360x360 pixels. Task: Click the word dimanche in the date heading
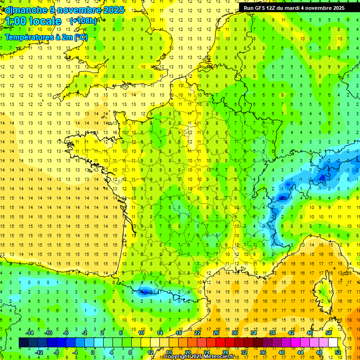[23, 10]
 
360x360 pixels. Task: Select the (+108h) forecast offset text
[83, 21]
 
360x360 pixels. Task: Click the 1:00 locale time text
[34, 22]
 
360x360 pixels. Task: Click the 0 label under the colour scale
[93, 352]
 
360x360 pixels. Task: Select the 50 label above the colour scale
[329, 333]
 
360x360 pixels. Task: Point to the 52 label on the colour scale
[338, 352]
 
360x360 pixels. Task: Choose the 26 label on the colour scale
[216, 333]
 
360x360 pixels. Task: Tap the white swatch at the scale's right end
[333, 343]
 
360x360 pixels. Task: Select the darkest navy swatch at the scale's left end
[23, 343]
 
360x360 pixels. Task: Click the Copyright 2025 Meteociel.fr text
[199, 357]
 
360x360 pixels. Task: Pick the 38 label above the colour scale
[272, 333]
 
